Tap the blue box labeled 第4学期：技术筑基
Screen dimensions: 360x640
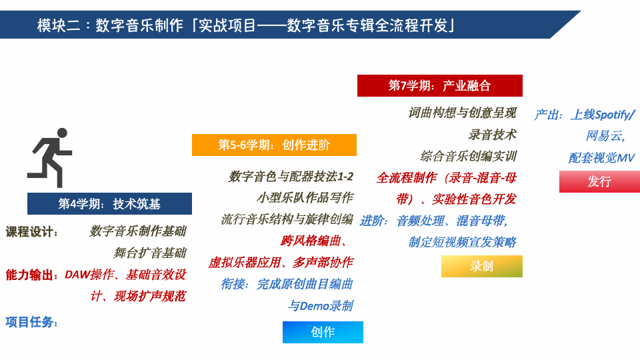pyautogui.click(x=109, y=204)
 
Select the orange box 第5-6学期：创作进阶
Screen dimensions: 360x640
pyautogui.click(x=274, y=145)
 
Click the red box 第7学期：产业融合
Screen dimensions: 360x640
pyautogui.click(x=439, y=86)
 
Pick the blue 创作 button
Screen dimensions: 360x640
pyautogui.click(x=323, y=332)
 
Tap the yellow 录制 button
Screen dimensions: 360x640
pyautogui.click(x=481, y=266)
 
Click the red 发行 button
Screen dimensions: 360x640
pyautogui.click(x=599, y=181)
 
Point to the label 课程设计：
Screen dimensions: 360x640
pyautogui.click(x=32, y=232)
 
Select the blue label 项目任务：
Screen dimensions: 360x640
pyautogui.click(x=32, y=322)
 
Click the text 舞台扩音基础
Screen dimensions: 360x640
pyautogui.click(x=149, y=253)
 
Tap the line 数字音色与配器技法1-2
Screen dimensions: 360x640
pyautogui.click(x=291, y=177)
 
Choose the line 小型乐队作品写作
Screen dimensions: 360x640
pyautogui.click(x=305, y=198)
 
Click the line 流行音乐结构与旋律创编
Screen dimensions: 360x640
pyautogui.click(x=287, y=219)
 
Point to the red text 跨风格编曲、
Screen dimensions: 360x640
pyautogui.click(x=317, y=241)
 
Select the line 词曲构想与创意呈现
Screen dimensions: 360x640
pyautogui.click(x=462, y=113)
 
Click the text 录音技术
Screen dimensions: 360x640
pyautogui.click(x=492, y=135)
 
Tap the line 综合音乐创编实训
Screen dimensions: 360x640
pyautogui.click(x=468, y=157)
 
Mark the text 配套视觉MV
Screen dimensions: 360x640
pyautogui.click(x=601, y=158)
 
